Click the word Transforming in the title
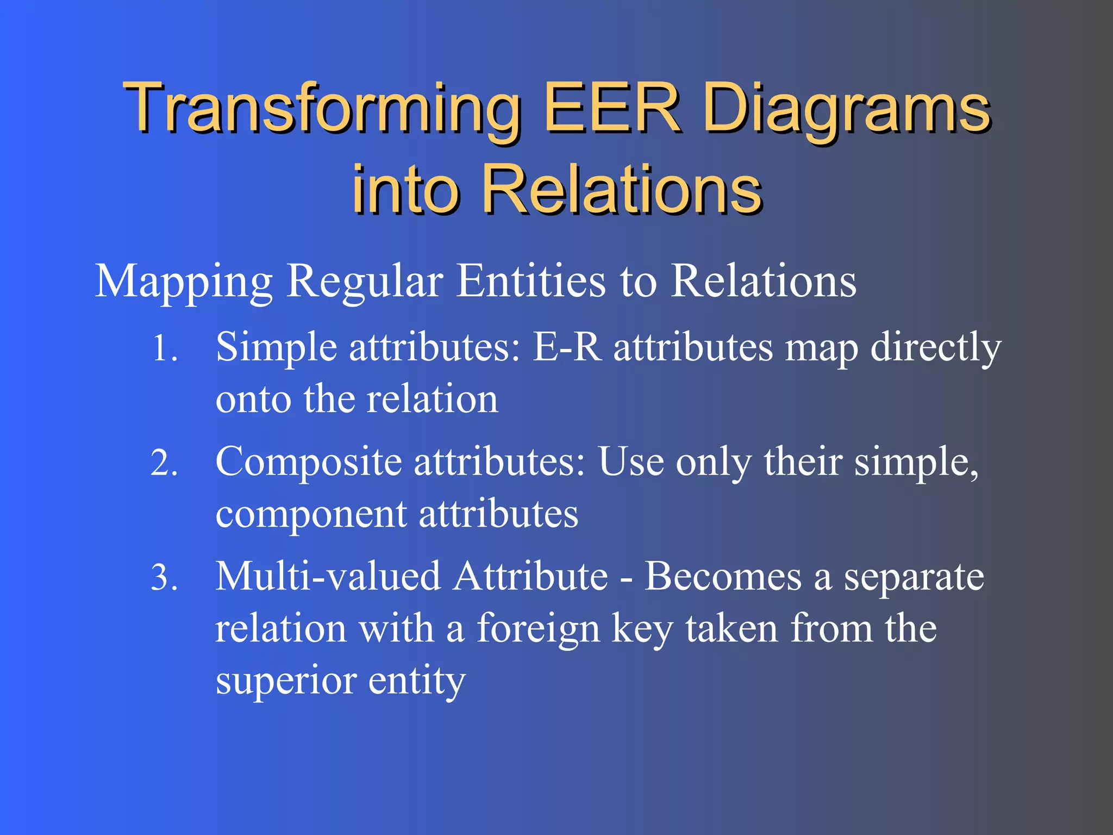coord(321,109)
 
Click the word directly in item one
coord(935,348)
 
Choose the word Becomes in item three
coord(723,577)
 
